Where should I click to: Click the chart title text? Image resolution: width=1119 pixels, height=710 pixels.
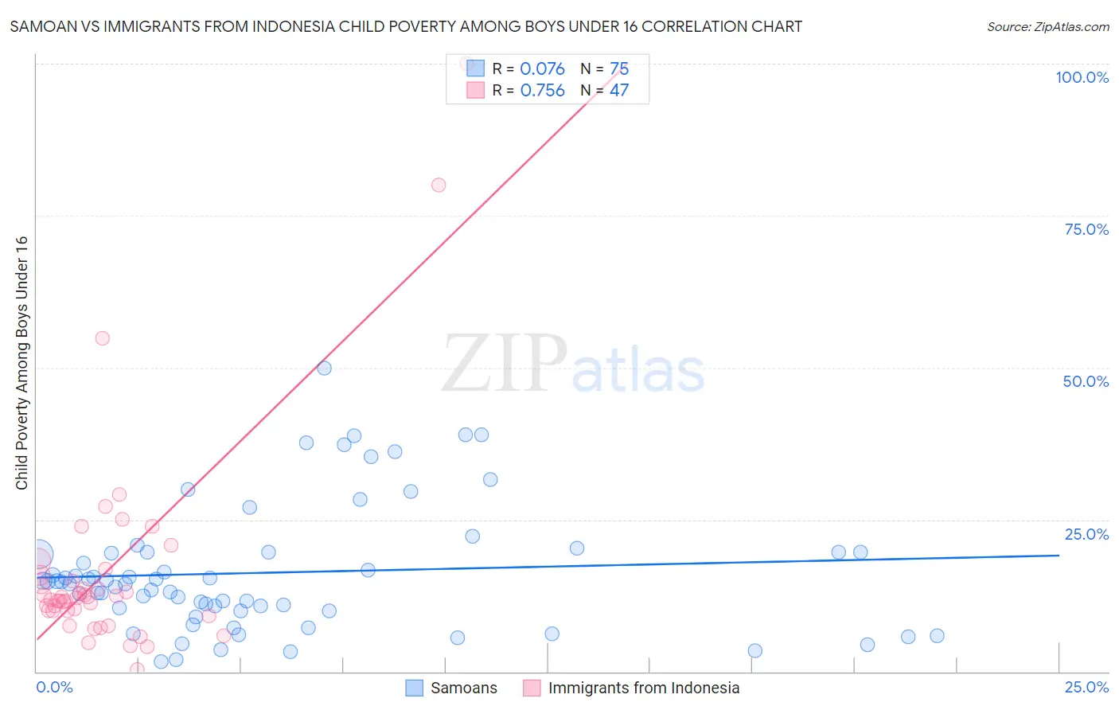(406, 26)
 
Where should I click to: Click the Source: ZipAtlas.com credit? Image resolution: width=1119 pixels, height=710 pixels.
(1047, 26)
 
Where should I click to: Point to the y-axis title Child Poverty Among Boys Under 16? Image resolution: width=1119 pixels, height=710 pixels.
(21, 363)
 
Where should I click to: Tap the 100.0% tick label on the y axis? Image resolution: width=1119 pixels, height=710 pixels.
(1082, 77)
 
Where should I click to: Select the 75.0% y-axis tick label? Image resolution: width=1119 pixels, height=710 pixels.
(1086, 229)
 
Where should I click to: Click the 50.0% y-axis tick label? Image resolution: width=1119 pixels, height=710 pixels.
(1086, 381)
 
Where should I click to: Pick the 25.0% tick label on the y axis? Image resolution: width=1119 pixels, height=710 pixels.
(1086, 534)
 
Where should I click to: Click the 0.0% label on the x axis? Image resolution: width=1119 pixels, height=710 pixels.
(54, 687)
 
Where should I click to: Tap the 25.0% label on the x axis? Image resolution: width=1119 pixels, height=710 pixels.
(1086, 687)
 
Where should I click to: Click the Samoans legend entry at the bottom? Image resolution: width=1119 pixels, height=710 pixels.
(463, 688)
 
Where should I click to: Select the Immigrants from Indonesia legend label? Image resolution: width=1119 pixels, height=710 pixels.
(643, 688)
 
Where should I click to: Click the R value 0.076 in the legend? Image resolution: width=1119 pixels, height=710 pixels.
(542, 69)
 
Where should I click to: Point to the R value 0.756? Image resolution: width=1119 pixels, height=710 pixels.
(542, 91)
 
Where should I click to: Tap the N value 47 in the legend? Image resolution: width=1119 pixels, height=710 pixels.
(619, 91)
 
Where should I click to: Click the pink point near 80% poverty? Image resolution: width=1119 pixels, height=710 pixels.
(439, 185)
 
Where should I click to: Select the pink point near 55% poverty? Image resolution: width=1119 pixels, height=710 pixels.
(102, 338)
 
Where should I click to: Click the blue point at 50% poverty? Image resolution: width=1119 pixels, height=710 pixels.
(324, 368)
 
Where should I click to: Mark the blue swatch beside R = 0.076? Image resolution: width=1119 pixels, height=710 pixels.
(475, 68)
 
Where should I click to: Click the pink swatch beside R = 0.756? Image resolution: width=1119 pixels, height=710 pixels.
(475, 90)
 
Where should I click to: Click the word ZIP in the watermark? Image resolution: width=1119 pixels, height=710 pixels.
(504, 363)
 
